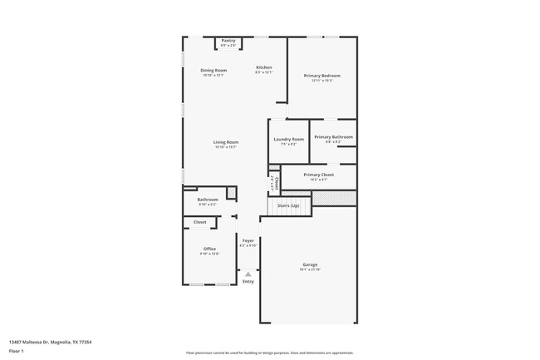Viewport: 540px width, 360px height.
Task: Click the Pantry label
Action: point(228,40)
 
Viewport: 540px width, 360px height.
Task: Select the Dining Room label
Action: point(214,71)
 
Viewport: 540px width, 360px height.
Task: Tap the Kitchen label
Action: point(263,67)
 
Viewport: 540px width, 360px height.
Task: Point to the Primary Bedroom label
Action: point(322,76)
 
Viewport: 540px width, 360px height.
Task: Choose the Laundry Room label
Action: point(288,139)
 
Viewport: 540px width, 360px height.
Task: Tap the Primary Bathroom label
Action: point(333,136)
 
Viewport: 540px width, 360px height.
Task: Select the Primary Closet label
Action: point(318,175)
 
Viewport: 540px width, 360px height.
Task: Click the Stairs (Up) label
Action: point(288,205)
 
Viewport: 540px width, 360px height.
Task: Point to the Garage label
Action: point(309,264)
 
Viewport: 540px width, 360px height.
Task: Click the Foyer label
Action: point(248,240)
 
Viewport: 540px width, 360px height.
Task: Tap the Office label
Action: point(209,249)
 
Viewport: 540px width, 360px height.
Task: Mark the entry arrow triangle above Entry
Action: point(248,274)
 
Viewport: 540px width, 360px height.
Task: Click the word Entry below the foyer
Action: point(248,282)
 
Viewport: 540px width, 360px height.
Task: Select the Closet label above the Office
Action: point(200,222)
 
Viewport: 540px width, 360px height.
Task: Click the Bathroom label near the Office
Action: point(208,200)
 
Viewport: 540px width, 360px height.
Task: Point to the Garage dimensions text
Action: point(309,269)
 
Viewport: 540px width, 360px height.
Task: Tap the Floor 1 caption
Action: point(17,351)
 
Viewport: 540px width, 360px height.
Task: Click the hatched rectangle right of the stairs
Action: point(334,198)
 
